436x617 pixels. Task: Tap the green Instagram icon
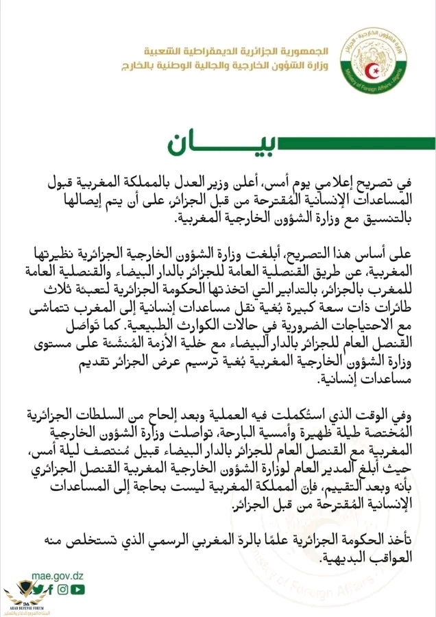(63, 588)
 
